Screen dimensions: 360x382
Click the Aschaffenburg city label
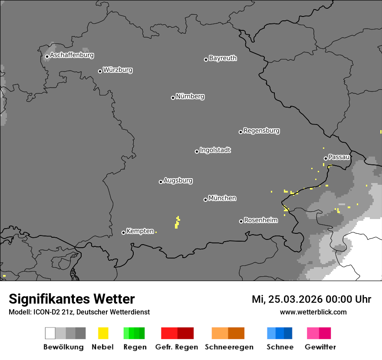tap(72, 56)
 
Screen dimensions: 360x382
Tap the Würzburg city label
tap(118, 70)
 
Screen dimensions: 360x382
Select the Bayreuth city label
tap(223, 59)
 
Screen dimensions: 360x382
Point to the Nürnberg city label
tap(190, 97)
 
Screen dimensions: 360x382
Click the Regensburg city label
tap(261, 131)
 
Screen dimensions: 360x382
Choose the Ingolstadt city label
tap(215, 151)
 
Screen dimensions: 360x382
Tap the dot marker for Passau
tap(326, 158)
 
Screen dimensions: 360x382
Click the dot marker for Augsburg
tap(161, 182)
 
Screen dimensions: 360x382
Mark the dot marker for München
tap(205, 200)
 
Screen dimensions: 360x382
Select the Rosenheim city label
tap(260, 220)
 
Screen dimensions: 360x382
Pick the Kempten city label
tap(140, 231)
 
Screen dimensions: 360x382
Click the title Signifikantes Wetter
tap(72, 299)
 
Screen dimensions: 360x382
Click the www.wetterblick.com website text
tap(313, 312)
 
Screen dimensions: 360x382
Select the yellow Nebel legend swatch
tap(103, 333)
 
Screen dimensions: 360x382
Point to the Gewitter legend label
tap(320, 347)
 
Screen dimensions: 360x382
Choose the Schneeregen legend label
tap(229, 347)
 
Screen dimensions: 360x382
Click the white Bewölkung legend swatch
tap(50, 333)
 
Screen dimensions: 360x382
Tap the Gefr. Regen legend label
tap(176, 347)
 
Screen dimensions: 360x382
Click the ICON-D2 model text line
tap(79, 312)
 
